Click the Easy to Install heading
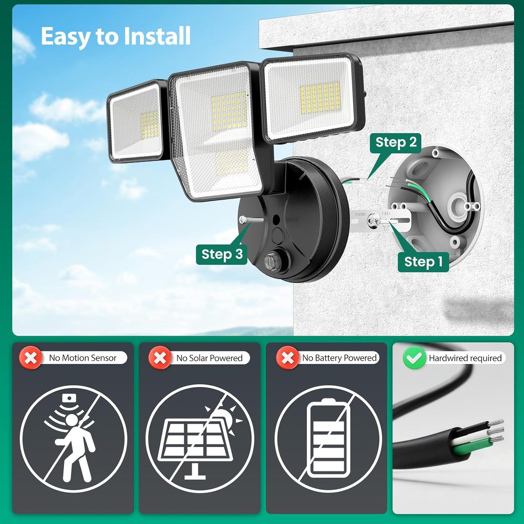pos(116,36)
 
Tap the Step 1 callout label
pos(423,261)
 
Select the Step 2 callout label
pos(396,142)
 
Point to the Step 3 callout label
pos(222,254)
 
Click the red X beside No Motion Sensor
pos(30,358)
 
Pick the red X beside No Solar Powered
pos(160,358)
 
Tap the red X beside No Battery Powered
pos(288,358)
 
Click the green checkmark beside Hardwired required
pos(414,358)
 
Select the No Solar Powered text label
pos(209,358)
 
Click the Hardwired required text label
pos(465,358)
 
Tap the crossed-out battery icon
pos(328,438)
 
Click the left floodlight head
pos(136,121)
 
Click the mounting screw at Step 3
pos(251,219)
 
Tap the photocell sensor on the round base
pos(270,261)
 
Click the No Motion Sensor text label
pos(83,358)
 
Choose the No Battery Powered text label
pos(339,358)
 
